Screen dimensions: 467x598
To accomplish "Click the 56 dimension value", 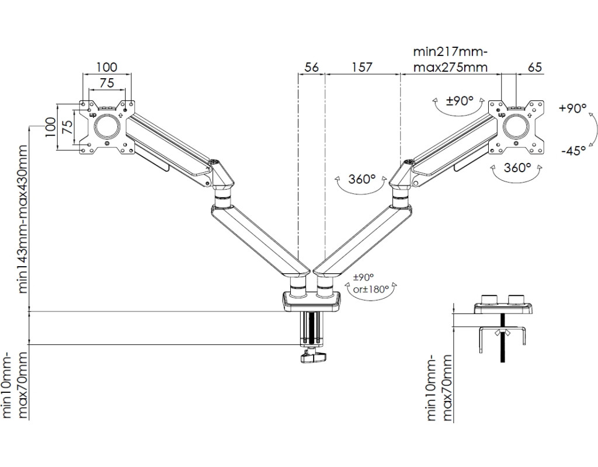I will click(312, 67).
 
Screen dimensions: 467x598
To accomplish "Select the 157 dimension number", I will click(361, 67).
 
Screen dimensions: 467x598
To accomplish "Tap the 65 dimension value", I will click(534, 67).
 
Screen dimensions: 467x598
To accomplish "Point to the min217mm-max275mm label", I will click(450, 60).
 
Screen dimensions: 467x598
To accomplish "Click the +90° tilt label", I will click(572, 109).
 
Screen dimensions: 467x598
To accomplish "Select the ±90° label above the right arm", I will click(459, 100).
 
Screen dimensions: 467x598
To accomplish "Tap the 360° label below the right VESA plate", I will click(517, 168).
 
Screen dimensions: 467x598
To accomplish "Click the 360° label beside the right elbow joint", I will click(362, 179).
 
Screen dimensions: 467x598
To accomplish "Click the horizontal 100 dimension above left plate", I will click(106, 68).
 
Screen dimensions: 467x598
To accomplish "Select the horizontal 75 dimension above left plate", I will click(107, 83).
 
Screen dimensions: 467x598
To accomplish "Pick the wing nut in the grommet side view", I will click(502, 333).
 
